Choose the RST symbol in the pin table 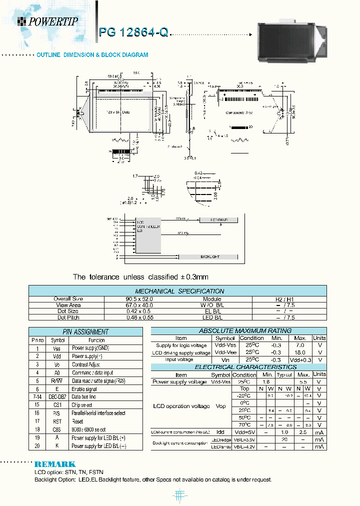pyautogui.click(x=57, y=421)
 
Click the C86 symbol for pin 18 pyautogui.click(x=57, y=429)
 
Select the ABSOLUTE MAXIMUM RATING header pyautogui.click(x=238, y=330)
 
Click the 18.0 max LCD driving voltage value pyautogui.click(x=300, y=352)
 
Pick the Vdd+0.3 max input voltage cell pyautogui.click(x=300, y=360)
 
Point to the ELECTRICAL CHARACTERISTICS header pyautogui.click(x=238, y=367)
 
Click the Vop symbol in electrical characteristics pyautogui.click(x=220, y=406)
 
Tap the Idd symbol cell pyautogui.click(x=220, y=431)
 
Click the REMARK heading pyautogui.click(x=55, y=464)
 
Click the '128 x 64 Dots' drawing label pyautogui.click(x=118, y=112)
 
